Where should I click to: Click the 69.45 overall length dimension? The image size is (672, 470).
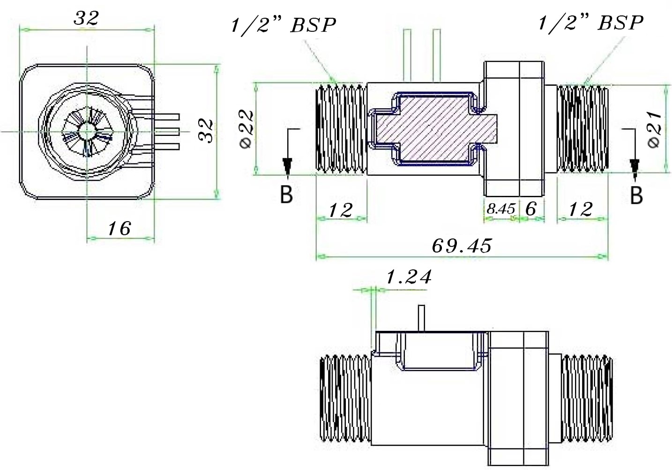(462, 246)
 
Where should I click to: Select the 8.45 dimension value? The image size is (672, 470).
(501, 209)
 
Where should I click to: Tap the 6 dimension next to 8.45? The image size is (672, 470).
(531, 209)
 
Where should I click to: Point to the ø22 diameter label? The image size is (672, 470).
(246, 129)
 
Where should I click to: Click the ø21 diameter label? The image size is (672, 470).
(655, 130)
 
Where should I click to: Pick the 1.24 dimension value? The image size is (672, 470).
(409, 277)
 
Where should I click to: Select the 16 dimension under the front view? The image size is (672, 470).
(119, 229)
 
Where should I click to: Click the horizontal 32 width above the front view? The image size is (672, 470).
(86, 18)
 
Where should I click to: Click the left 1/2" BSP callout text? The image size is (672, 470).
(283, 25)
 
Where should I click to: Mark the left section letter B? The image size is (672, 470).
(286, 194)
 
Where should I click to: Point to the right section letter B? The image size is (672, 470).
(636, 195)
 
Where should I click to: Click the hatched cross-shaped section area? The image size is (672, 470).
(435, 129)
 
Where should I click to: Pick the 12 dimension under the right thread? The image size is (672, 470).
(581, 209)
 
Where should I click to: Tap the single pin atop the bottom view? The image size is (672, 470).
(421, 318)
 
